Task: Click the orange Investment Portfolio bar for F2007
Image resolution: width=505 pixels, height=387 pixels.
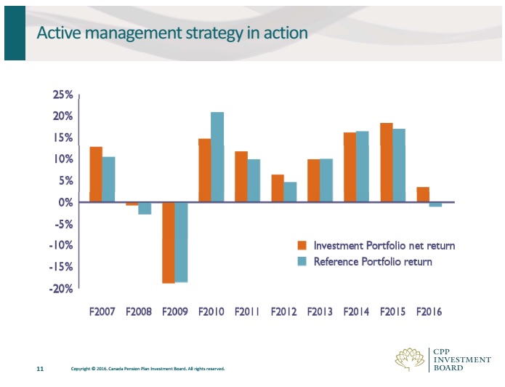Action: (96, 175)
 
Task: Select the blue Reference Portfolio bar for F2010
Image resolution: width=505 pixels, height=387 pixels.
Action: (217, 157)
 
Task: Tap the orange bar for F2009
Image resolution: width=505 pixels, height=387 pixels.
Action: (169, 242)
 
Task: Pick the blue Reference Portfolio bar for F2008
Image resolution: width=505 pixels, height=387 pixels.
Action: (145, 208)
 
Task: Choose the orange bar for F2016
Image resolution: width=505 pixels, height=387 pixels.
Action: (423, 194)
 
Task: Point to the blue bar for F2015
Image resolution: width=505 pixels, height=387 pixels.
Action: (399, 165)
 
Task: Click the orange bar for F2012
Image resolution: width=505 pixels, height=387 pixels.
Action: (278, 188)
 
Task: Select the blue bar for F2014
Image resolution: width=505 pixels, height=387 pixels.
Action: (363, 167)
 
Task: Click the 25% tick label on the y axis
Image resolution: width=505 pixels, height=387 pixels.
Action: (62, 95)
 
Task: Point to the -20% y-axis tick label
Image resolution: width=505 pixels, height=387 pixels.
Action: (60, 289)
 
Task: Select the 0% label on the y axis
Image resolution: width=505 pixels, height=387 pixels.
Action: (65, 202)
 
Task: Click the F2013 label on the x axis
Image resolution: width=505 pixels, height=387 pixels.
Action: (320, 312)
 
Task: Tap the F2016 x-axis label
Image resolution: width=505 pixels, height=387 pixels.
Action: (429, 312)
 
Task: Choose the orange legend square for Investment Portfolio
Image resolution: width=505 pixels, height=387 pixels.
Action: (302, 246)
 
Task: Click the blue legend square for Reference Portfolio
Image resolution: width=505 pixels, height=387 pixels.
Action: (302, 262)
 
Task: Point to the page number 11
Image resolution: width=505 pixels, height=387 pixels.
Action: (41, 370)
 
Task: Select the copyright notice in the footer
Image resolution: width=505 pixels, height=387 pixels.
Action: (148, 370)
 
